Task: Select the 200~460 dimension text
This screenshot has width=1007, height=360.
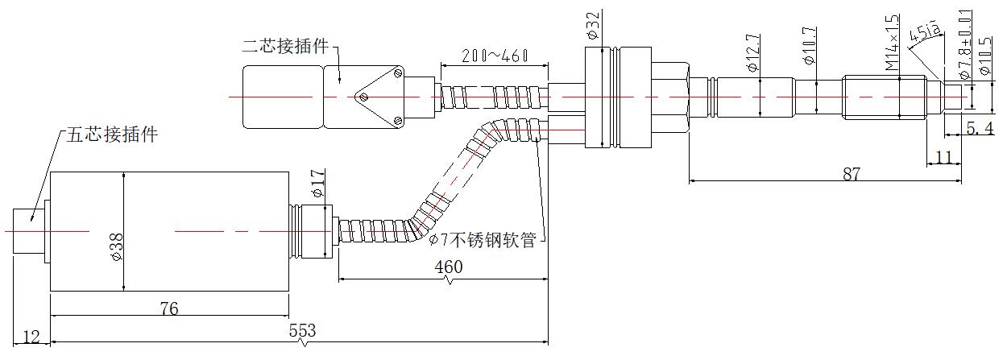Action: tap(494, 56)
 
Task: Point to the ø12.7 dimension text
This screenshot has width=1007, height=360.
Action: tap(752, 54)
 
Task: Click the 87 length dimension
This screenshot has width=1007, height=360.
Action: tap(852, 173)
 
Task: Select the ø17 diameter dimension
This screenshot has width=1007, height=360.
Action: tap(317, 183)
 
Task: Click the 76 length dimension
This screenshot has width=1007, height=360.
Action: tap(169, 308)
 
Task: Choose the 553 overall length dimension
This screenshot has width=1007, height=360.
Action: tap(303, 331)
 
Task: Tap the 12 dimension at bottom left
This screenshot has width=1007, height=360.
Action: tap(30, 337)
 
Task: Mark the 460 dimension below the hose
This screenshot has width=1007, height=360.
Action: tap(448, 267)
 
